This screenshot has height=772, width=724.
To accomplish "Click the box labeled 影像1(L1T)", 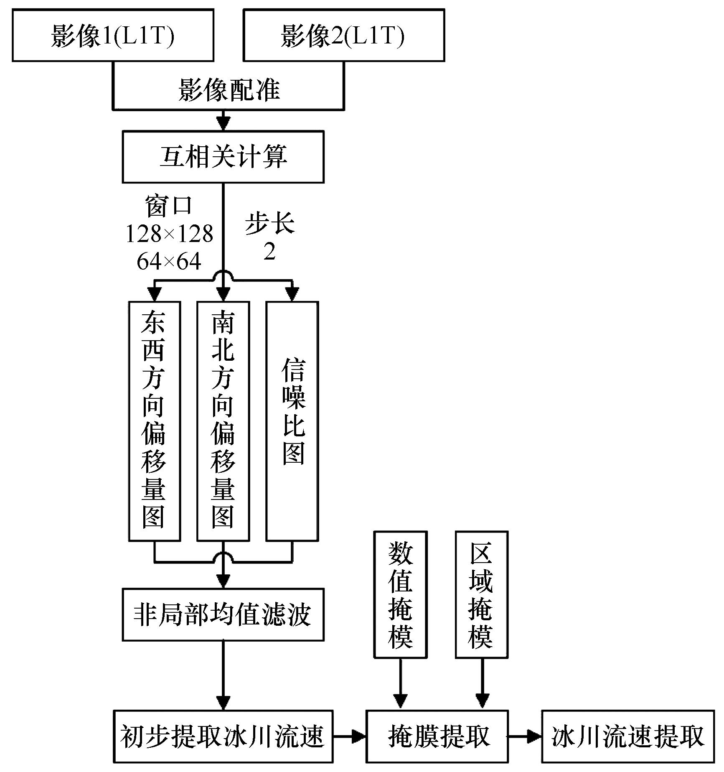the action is [113, 36].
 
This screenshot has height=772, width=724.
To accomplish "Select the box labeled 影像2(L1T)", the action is [344, 36].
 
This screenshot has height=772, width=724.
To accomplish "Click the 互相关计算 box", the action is [223, 157].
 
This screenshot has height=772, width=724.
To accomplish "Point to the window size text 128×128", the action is [169, 234].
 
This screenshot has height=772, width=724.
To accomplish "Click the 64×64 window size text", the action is [169, 262].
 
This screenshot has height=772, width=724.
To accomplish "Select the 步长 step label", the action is [270, 223].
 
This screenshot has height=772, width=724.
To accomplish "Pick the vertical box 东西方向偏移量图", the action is [154, 421].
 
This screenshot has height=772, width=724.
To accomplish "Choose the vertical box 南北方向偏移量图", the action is [223, 421].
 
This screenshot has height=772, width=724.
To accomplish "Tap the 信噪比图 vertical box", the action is [292, 421].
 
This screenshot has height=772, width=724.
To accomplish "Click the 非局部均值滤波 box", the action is [223, 615].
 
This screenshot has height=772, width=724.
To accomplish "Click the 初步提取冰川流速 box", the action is [223, 736].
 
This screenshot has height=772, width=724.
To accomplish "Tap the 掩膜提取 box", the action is [437, 736].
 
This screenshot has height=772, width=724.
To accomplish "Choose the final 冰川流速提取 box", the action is [628, 736].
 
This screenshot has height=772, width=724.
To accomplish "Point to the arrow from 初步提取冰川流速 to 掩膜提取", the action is [350, 736].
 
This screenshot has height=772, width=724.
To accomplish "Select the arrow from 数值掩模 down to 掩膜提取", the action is [400, 684].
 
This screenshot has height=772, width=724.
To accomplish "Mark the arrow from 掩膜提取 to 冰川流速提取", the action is [525, 736].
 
